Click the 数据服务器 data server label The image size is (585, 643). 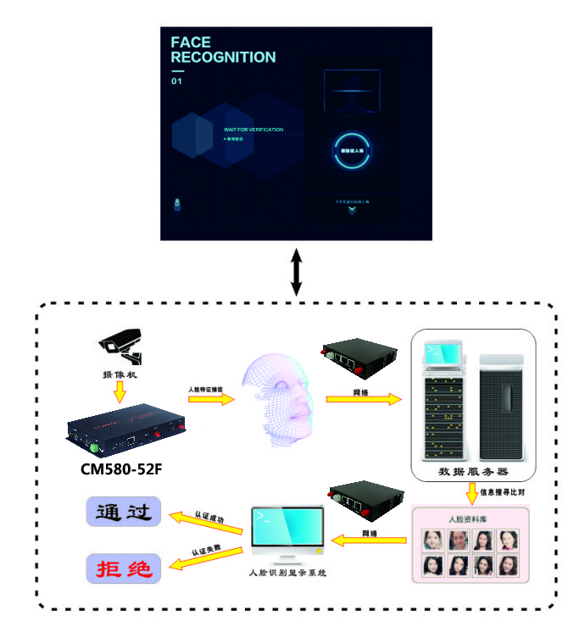click(x=472, y=471)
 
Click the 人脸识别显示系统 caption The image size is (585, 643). click(x=287, y=574)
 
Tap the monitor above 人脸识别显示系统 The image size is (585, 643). click(x=287, y=534)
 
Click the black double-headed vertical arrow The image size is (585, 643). click(x=295, y=272)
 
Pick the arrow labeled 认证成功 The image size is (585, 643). click(x=207, y=518)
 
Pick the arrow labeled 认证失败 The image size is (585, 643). click(x=207, y=556)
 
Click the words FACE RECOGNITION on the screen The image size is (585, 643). click(x=222, y=50)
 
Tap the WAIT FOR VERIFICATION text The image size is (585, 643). click(x=253, y=130)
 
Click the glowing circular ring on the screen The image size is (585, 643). click(x=351, y=151)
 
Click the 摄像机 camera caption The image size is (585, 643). click(x=121, y=372)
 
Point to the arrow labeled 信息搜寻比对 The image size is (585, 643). click(x=471, y=491)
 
